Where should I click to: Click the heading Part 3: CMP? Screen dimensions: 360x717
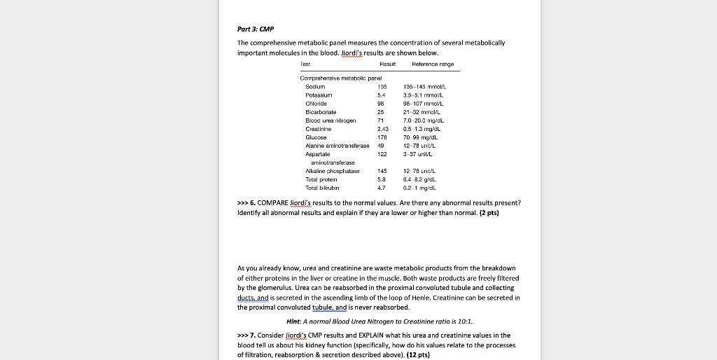(256, 29)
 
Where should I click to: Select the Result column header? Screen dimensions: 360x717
(387, 64)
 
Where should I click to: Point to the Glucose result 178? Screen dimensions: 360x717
(382, 137)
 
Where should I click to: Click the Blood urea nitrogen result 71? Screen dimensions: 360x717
(381, 120)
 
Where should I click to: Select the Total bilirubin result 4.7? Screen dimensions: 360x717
(382, 188)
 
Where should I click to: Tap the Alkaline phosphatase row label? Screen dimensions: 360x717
(333, 172)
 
